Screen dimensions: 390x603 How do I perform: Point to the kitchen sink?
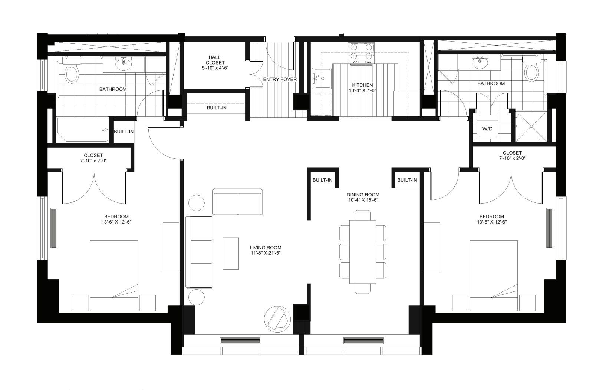point(318,78)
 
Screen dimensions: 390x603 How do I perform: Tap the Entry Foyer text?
point(280,79)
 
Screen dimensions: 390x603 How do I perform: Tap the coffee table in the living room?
point(231,253)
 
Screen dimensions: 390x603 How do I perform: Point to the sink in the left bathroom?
point(123,65)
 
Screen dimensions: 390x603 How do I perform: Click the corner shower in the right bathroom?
point(531,126)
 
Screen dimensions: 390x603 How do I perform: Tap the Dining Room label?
point(363,194)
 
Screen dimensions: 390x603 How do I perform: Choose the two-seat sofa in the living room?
point(237,202)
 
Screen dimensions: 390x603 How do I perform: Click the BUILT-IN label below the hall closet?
point(217,108)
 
